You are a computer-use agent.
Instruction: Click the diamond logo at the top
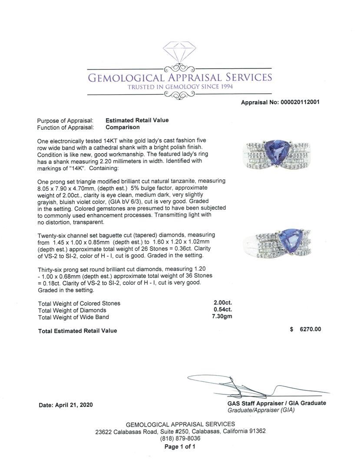tap(179, 53)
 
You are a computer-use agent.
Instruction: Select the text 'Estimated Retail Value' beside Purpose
tap(137, 120)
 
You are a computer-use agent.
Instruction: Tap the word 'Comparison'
tap(122, 127)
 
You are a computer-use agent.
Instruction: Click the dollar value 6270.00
tap(310, 329)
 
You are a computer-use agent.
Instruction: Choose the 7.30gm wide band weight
tap(221, 317)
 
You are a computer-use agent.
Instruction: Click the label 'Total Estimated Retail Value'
tap(77, 331)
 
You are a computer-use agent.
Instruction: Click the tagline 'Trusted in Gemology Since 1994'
tap(180, 86)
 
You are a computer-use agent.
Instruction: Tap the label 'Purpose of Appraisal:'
tap(65, 120)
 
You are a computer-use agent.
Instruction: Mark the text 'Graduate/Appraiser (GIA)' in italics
tap(261, 410)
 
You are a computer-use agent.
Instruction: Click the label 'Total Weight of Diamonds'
tap(72, 310)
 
